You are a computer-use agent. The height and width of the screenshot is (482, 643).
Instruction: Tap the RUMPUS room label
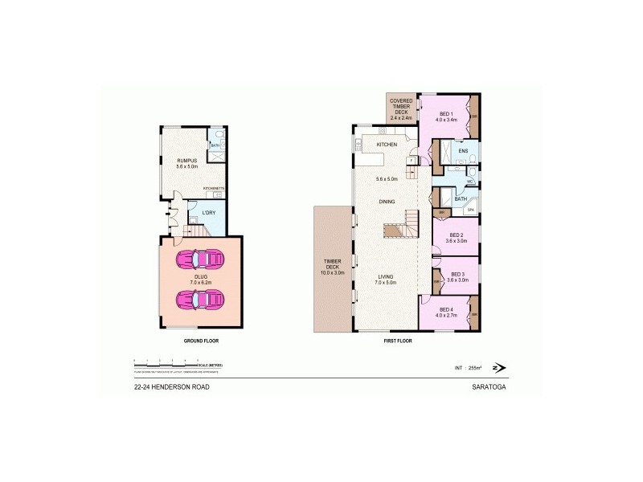(186, 161)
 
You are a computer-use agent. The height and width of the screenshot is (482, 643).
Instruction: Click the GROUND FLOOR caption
(201, 341)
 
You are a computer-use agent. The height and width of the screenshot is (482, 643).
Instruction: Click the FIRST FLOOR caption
(398, 341)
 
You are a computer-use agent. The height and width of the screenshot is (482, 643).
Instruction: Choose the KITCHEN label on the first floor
(387, 144)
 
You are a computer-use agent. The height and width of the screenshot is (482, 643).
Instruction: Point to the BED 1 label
(445, 114)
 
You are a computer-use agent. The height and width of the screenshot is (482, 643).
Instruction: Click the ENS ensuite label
(463, 151)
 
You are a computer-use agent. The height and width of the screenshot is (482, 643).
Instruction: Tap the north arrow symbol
(500, 368)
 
